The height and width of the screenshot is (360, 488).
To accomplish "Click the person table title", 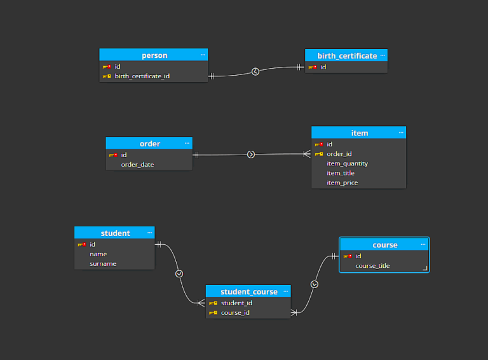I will [154, 55].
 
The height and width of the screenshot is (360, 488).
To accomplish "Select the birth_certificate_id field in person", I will [142, 76].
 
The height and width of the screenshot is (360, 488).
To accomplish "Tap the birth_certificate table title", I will [347, 56].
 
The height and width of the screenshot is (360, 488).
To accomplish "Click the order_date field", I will [137, 165].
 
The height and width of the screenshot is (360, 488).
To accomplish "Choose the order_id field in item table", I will [339, 154].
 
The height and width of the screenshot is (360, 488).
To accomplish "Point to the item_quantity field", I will [347, 163].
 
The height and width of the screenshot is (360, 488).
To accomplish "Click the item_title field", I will [340, 173].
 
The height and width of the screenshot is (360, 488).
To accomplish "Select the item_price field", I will [342, 183].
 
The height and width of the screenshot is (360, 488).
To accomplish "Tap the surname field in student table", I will [103, 263].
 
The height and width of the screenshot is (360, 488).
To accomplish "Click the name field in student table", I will [98, 254].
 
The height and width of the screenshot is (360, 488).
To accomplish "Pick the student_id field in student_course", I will [236, 303].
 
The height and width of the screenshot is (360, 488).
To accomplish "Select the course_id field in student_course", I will [235, 312].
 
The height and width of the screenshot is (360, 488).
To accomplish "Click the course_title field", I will [372, 266].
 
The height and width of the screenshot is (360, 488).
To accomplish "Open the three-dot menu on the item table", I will [401, 132].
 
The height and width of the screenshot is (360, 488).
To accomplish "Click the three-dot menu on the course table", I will [423, 244].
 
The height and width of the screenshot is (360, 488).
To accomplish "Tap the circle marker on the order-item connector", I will [251, 155].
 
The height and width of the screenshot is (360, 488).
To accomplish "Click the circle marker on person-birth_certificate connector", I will [255, 72].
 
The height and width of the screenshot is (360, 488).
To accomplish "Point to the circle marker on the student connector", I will [179, 273].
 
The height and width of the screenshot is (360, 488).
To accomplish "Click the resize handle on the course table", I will [424, 268].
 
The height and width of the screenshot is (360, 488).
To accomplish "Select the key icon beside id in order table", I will [113, 155].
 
